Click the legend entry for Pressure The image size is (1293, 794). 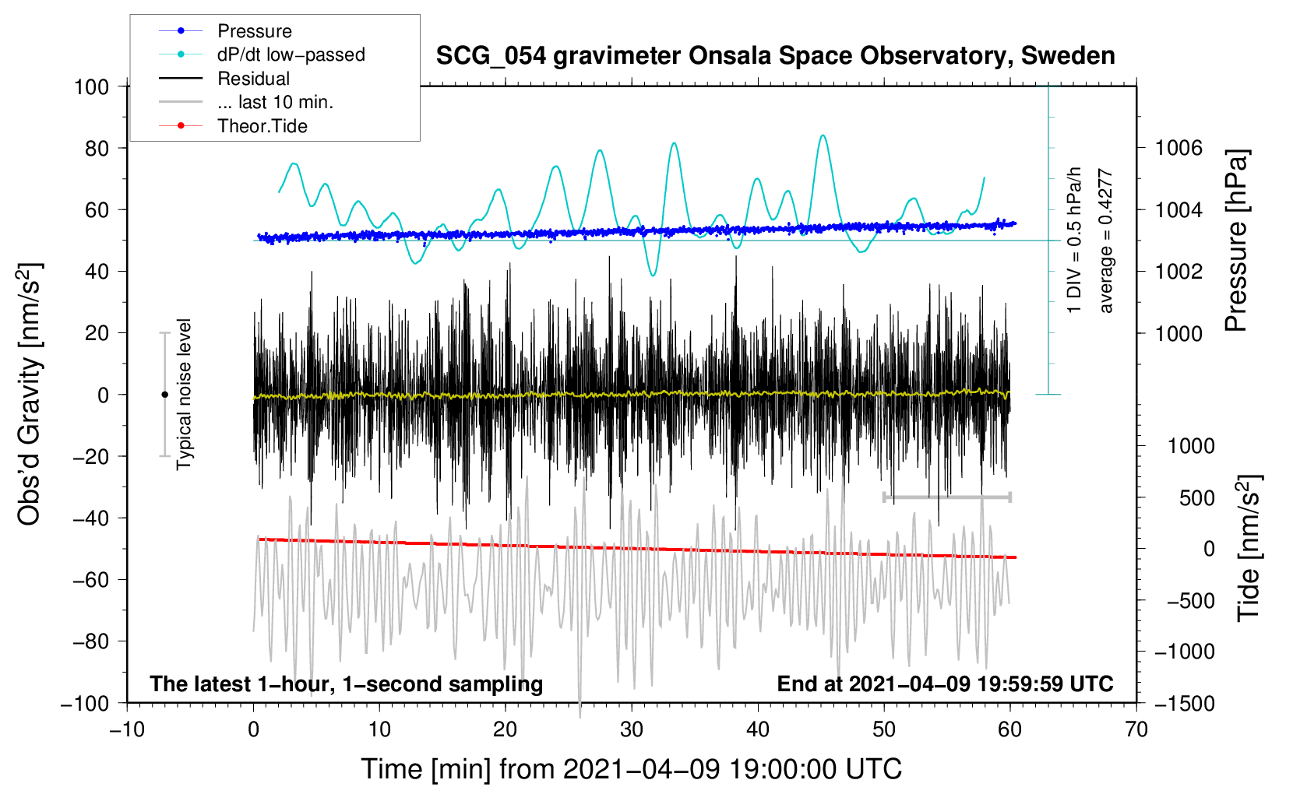(x=226, y=30)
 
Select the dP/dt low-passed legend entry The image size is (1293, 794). (x=262, y=54)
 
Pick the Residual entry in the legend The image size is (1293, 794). (x=224, y=79)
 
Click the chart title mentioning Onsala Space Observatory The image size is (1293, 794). (x=775, y=56)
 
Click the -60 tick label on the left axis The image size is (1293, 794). (x=90, y=580)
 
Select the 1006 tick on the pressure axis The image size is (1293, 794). (x=1178, y=149)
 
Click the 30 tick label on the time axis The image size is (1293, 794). (x=632, y=730)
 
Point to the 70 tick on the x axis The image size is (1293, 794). (x=1136, y=730)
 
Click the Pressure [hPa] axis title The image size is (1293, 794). (x=1236, y=241)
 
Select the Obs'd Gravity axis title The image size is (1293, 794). (x=29, y=394)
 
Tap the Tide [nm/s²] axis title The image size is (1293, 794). (x=1249, y=548)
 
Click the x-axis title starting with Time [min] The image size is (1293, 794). (x=632, y=769)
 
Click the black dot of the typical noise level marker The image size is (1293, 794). (x=164, y=395)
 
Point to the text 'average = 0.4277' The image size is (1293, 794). (x=1105, y=241)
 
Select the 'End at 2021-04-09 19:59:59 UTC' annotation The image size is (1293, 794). (x=945, y=683)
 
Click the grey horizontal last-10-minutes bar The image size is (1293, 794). (x=947, y=497)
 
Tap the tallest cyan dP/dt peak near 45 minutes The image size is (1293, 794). (x=823, y=136)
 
